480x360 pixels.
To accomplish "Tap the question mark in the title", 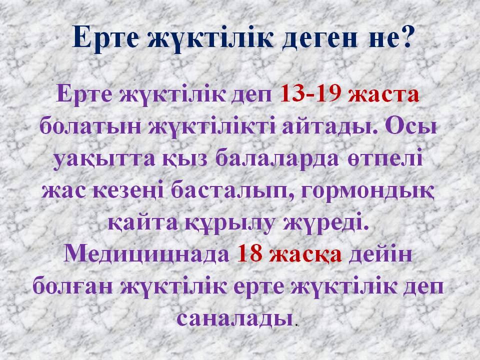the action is point(404,36).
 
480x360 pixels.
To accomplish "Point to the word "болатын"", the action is point(90,126).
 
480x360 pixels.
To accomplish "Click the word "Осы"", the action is point(410,126).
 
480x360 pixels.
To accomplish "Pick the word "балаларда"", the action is point(277,158).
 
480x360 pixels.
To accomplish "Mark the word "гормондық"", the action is point(367,191).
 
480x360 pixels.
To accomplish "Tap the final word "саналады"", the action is point(234,319).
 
